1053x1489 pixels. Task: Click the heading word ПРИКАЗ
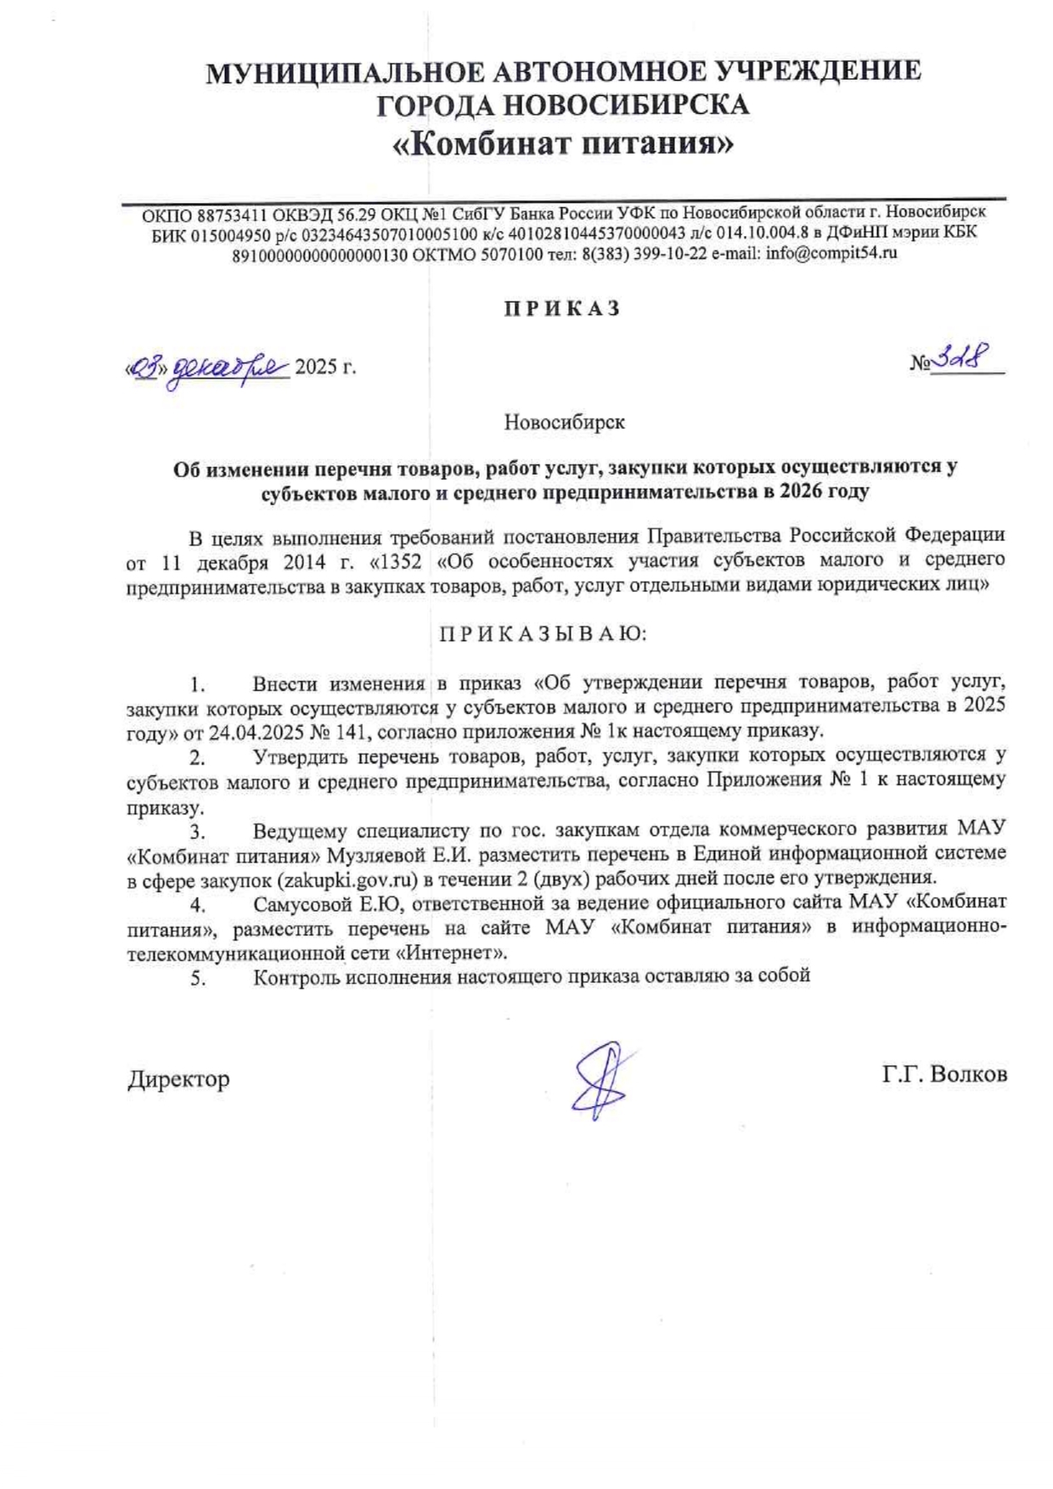(x=562, y=309)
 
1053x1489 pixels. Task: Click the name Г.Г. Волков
(x=944, y=1075)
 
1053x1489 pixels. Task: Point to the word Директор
(x=178, y=1079)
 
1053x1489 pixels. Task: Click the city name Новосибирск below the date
(x=564, y=422)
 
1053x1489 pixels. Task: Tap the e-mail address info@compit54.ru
(x=831, y=253)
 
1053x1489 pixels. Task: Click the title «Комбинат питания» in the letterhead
(x=562, y=144)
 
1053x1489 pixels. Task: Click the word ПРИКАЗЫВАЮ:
(x=543, y=634)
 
